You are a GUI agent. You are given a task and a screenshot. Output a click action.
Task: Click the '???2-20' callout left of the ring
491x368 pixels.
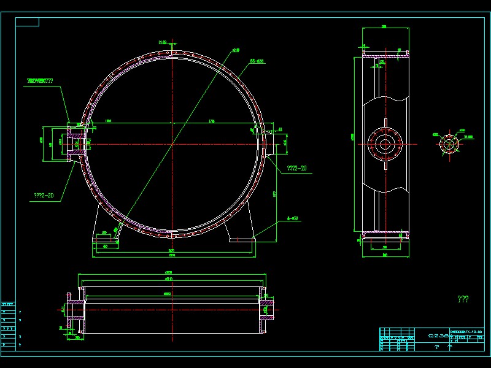pyautogui.click(x=44, y=196)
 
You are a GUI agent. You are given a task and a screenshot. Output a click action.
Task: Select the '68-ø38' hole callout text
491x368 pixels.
pyautogui.click(x=257, y=61)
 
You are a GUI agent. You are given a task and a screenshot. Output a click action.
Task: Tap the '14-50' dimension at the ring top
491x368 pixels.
pyautogui.click(x=163, y=42)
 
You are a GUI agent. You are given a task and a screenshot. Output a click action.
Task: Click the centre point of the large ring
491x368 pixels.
pyautogui.click(x=174, y=144)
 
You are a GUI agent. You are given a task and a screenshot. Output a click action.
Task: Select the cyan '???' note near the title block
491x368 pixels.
pyautogui.click(x=463, y=299)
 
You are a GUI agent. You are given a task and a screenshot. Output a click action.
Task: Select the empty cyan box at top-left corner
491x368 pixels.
pyautogui.click(x=27, y=22)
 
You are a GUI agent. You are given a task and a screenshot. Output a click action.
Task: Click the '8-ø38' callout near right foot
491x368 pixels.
pyautogui.click(x=293, y=218)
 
